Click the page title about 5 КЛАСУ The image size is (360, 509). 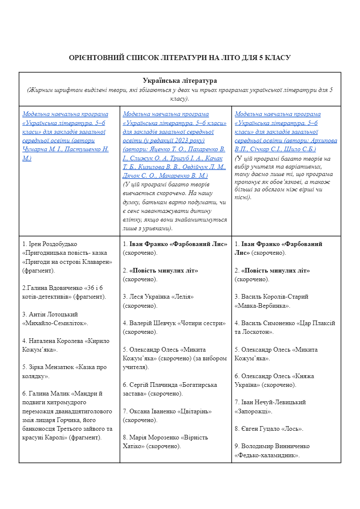[180, 58]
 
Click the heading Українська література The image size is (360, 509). [180, 81]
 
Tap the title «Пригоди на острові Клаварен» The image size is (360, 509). [67, 262]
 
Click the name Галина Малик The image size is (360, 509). [52, 393]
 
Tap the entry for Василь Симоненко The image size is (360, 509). [269, 323]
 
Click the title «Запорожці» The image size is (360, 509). [253, 411]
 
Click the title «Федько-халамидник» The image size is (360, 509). [267, 455]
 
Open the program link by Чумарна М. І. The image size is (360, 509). [65, 136]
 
